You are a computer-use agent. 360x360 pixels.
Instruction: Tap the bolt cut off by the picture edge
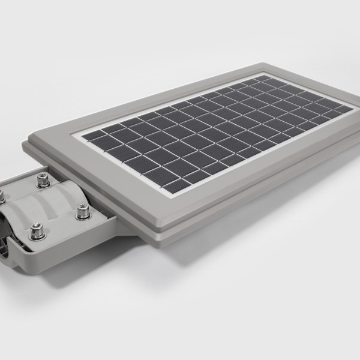[x=2, y=196]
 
